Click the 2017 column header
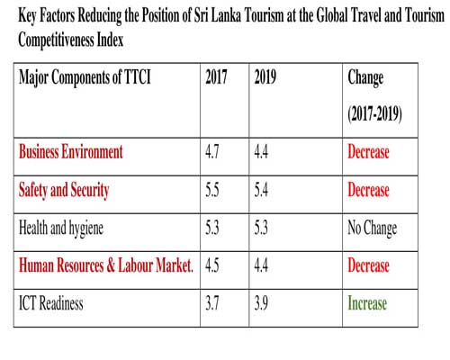(216, 76)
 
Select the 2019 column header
(265, 76)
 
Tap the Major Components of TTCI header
(85, 77)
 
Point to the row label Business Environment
(71, 151)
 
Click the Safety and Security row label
(64, 190)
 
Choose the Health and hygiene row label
(61, 229)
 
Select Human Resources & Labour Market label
(106, 265)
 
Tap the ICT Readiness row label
(51, 303)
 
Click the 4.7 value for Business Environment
(212, 152)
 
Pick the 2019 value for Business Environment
(261, 152)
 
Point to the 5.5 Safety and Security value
(212, 190)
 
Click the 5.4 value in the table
(261, 190)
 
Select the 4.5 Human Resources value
(212, 265)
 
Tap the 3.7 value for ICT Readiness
(212, 303)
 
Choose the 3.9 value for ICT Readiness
(261, 303)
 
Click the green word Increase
(367, 303)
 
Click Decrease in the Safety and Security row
(368, 190)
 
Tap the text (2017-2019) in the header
(374, 113)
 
